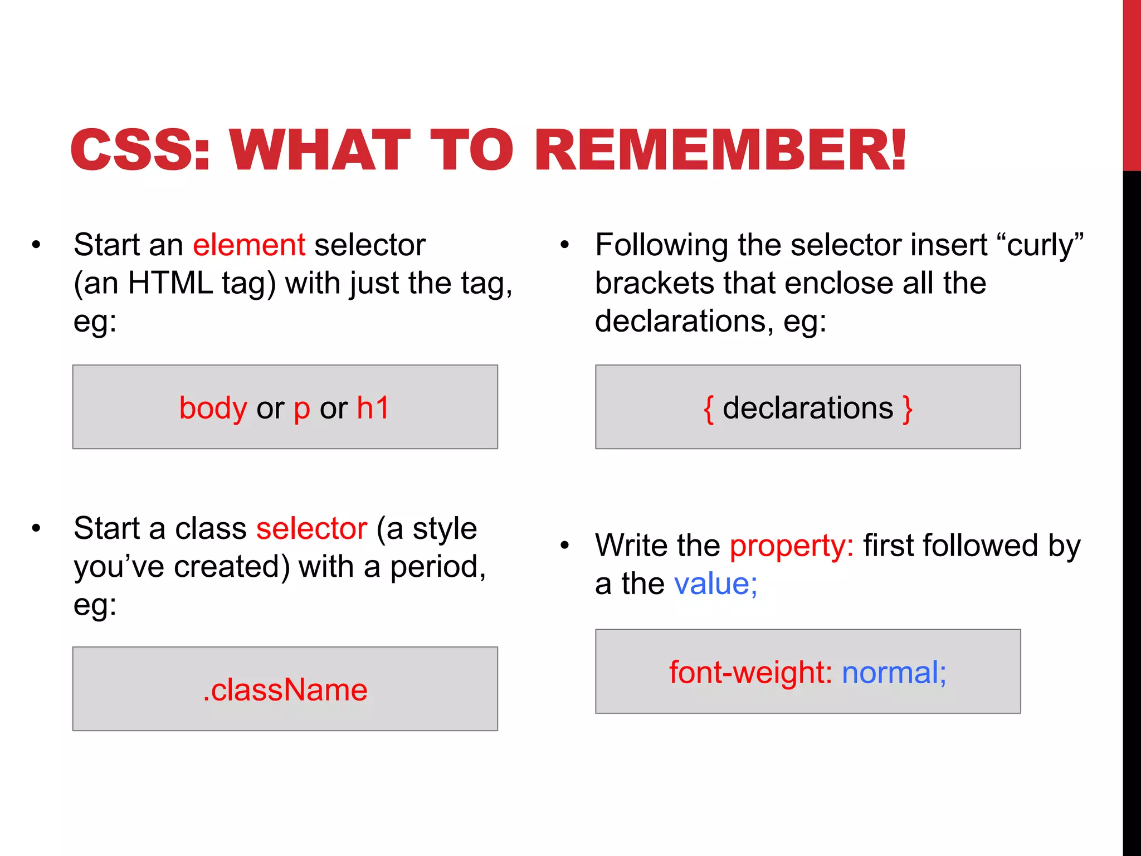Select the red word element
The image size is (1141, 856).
(249, 245)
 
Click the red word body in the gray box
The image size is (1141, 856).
(213, 408)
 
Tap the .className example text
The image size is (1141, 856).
(285, 690)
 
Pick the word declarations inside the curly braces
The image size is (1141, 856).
(808, 408)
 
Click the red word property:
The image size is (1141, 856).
(791, 546)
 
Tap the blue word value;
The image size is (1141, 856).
(715, 584)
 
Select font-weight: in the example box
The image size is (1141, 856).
(750, 672)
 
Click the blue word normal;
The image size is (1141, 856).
(894, 672)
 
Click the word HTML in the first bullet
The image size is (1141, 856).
(170, 283)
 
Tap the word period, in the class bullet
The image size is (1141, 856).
(438, 567)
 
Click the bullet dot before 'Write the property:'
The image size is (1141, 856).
(565, 546)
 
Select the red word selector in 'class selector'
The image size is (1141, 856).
(311, 528)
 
